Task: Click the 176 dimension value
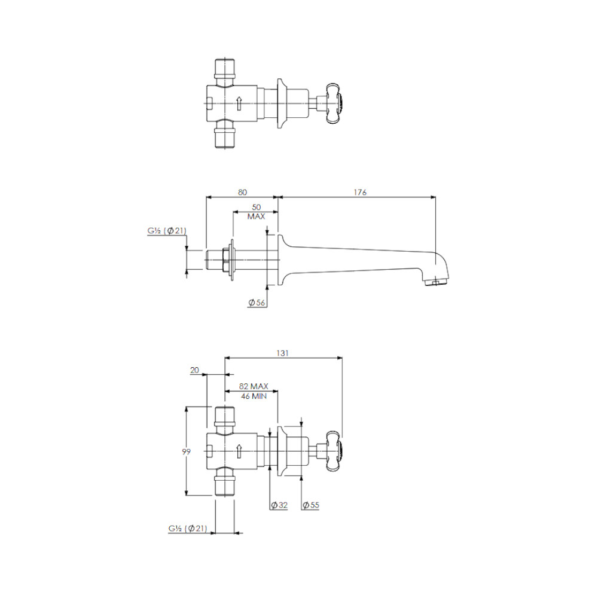point(359,192)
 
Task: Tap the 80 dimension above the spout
point(242,192)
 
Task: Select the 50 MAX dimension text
point(257,212)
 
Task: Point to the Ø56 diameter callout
point(257,303)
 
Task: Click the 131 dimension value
point(283,353)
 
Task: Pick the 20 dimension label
point(194,370)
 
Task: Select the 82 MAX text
point(254,386)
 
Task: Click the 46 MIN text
point(254,396)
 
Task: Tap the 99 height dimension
point(186,451)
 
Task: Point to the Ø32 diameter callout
point(279,505)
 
